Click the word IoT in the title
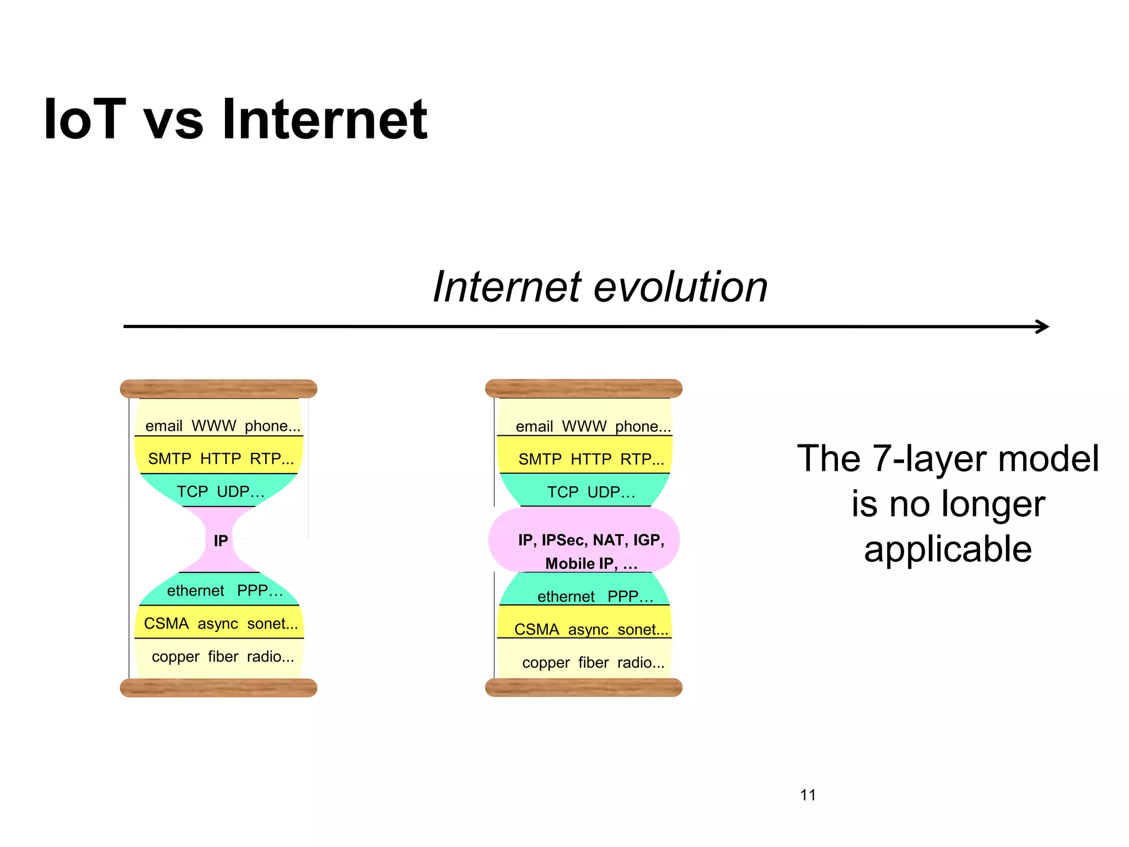coord(85,119)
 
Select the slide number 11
coord(808,795)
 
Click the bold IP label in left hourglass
coord(221,541)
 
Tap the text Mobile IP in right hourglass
coord(579,564)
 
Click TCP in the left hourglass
coord(192,491)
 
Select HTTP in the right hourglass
coord(591,459)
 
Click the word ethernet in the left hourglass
coord(195,591)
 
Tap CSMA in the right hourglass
coord(536,629)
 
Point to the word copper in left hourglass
coord(175,657)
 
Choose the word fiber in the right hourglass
coord(593,662)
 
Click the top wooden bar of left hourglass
coord(218,389)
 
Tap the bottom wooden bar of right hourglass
coord(584,688)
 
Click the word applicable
coord(948,549)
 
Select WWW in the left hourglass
coord(213,426)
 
